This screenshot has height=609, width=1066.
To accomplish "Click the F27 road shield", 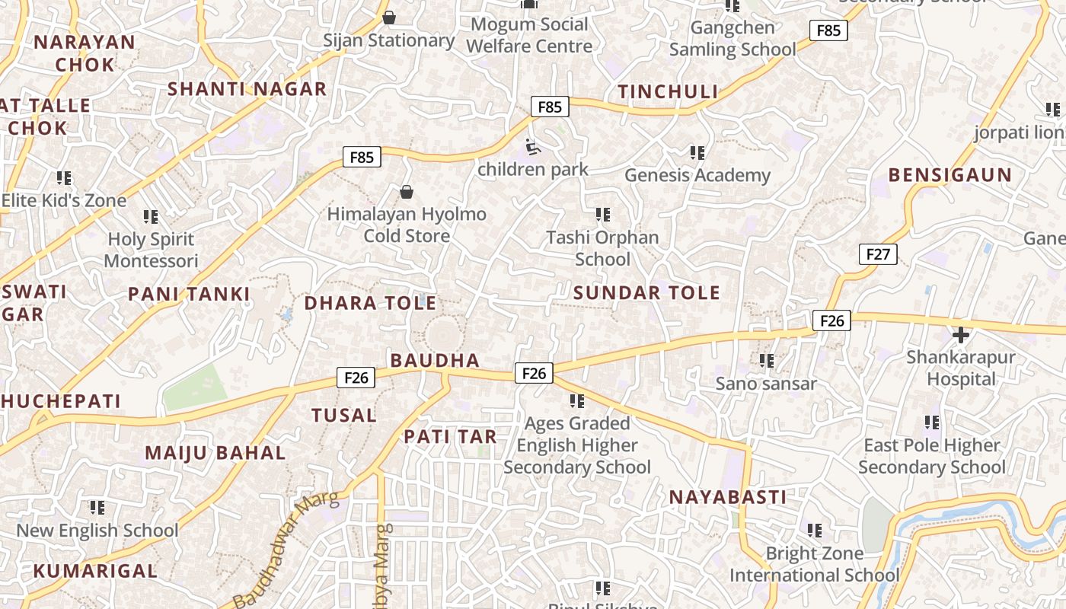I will click(x=877, y=254).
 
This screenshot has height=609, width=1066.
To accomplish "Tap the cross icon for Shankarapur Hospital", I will click(x=960, y=334).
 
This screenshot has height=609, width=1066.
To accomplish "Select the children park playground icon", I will click(x=532, y=146).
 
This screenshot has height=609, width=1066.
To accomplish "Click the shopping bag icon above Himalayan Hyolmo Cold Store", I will click(x=407, y=192).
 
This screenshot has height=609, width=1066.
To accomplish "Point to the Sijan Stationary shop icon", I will click(x=389, y=18).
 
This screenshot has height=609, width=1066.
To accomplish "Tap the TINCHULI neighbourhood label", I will click(x=668, y=92).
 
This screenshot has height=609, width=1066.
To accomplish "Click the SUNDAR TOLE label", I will click(x=646, y=293).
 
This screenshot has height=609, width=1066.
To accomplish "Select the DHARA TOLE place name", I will click(x=370, y=303).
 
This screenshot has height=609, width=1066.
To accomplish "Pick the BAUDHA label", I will click(x=435, y=361).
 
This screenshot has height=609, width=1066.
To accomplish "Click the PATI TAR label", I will click(x=450, y=437).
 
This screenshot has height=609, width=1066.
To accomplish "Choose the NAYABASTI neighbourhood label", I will click(x=727, y=498).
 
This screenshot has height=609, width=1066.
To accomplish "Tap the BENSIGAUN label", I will click(x=950, y=175).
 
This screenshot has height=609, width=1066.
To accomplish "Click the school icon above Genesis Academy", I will click(x=697, y=154).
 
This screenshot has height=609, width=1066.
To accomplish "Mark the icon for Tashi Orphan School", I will click(x=602, y=215).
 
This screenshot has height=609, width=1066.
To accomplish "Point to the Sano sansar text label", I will click(x=765, y=384).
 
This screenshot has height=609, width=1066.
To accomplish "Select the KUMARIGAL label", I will click(x=95, y=571).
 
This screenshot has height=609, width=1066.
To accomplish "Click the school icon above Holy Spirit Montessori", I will click(x=151, y=218).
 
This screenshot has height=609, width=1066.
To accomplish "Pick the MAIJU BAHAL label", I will click(x=215, y=453).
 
